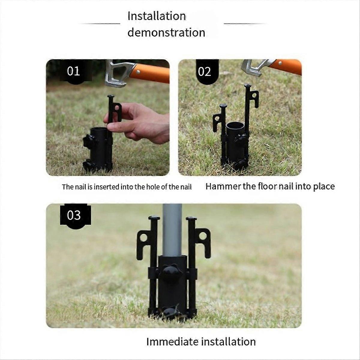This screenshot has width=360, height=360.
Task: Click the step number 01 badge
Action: coord(73,71)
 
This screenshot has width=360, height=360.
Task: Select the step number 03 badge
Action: coord(74,215)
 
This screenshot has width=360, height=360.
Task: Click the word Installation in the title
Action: coord(157,16)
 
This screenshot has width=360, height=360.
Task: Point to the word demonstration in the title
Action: coord(166,32)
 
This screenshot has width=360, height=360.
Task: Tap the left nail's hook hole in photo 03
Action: coord(144,238)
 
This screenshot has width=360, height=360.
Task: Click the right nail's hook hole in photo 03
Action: coord(203,236)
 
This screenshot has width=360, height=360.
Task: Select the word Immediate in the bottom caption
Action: coord(172,342)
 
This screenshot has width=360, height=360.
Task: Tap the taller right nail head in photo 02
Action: coord(247,86)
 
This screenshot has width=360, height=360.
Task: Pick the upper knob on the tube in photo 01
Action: coord(89,140)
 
